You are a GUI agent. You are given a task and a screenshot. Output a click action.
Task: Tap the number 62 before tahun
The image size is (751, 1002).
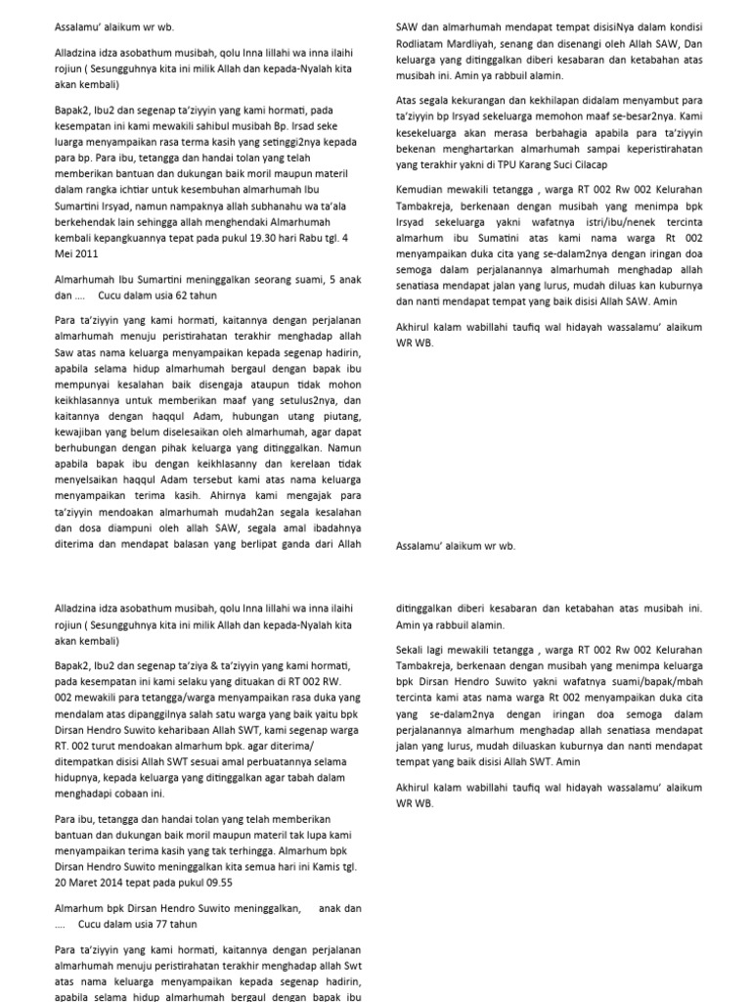(191, 295)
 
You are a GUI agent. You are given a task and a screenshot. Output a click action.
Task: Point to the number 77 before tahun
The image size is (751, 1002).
(191, 923)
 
